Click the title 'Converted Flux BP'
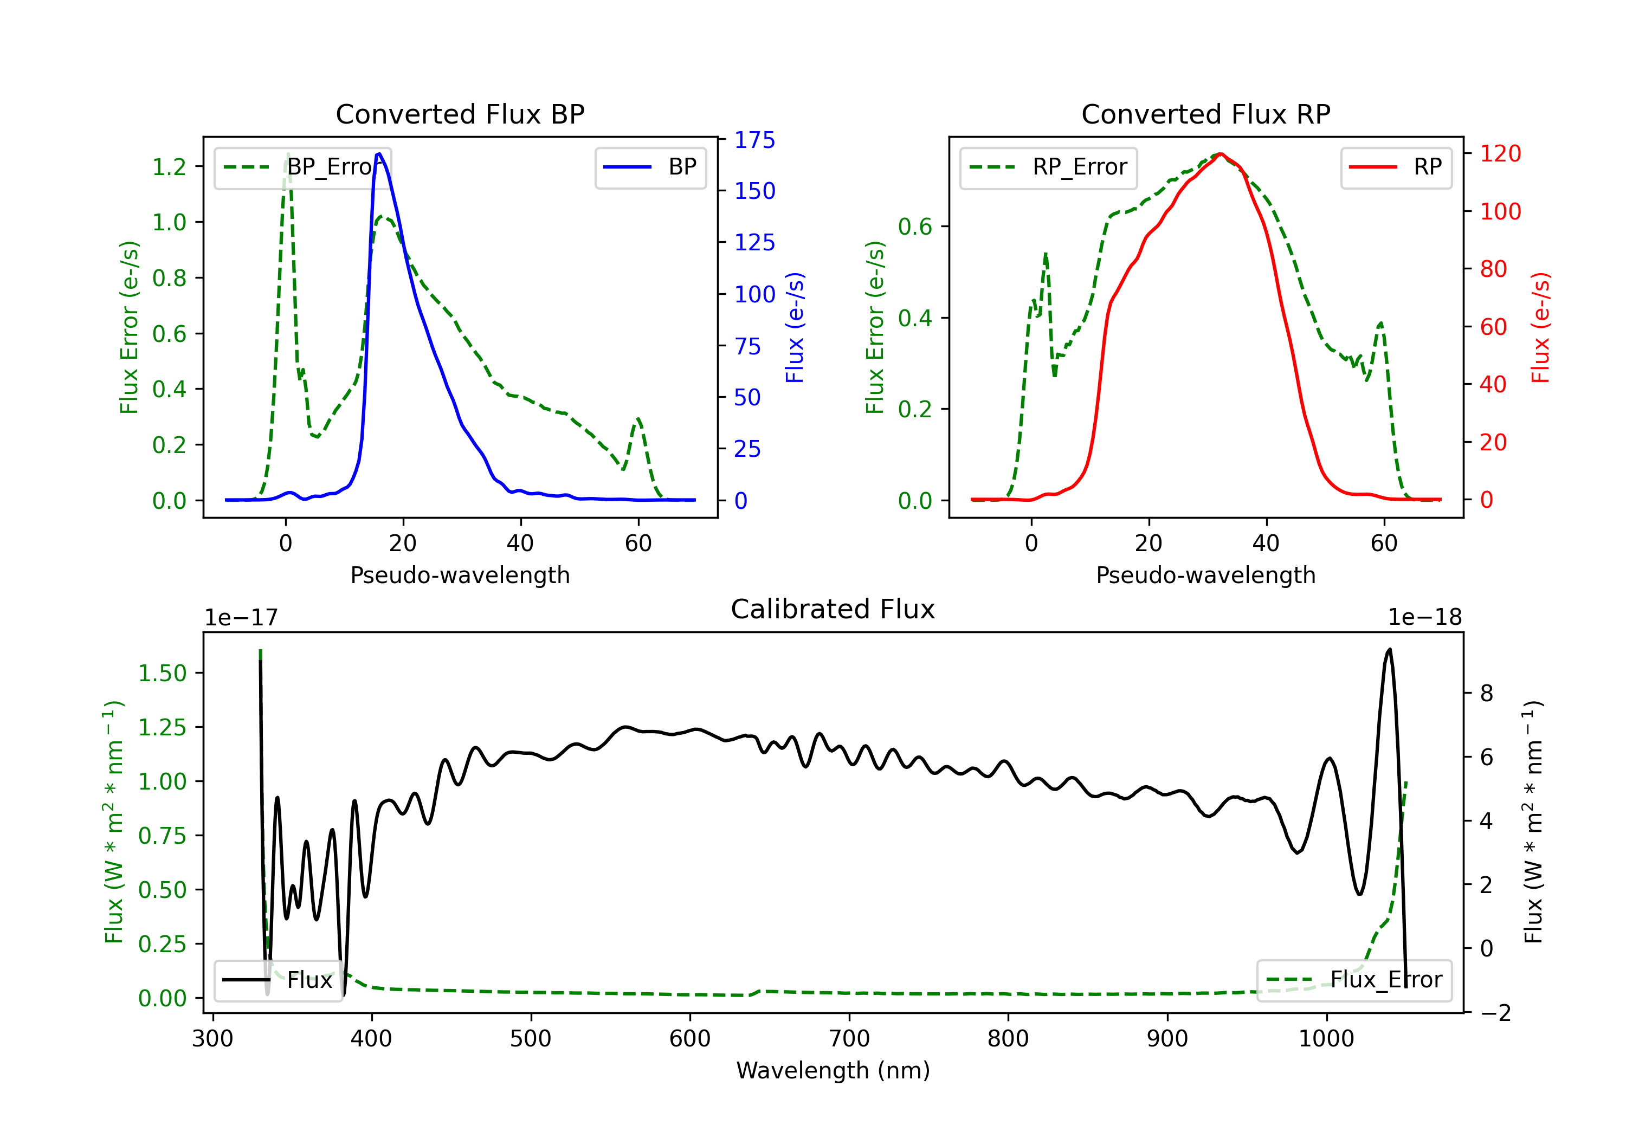[460, 114]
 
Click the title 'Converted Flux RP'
[1205, 114]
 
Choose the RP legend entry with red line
[1396, 167]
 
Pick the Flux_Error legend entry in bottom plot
[1354, 980]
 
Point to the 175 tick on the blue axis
[754, 140]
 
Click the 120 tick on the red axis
[1500, 154]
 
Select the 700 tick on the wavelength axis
[849, 1039]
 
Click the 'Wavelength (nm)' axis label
[833, 1071]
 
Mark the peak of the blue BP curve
[379, 154]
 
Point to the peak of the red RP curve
[1220, 154]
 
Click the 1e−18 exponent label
[1424, 618]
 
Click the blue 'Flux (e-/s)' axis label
[795, 327]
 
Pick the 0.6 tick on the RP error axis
[915, 227]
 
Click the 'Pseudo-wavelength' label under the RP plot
[1205, 575]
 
